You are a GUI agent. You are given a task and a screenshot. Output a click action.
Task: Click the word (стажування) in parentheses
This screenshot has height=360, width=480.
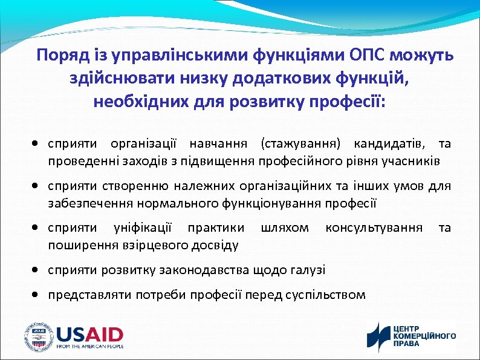click(x=301, y=143)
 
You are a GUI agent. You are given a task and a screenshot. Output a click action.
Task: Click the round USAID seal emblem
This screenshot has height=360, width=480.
click(x=37, y=336)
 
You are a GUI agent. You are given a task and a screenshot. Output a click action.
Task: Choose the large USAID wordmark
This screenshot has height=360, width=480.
click(x=89, y=334)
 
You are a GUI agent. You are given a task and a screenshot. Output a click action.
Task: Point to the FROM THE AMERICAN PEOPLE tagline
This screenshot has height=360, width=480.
click(x=89, y=347)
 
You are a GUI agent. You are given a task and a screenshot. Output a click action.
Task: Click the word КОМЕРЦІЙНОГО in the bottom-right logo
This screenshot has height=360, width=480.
click(x=424, y=336)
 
